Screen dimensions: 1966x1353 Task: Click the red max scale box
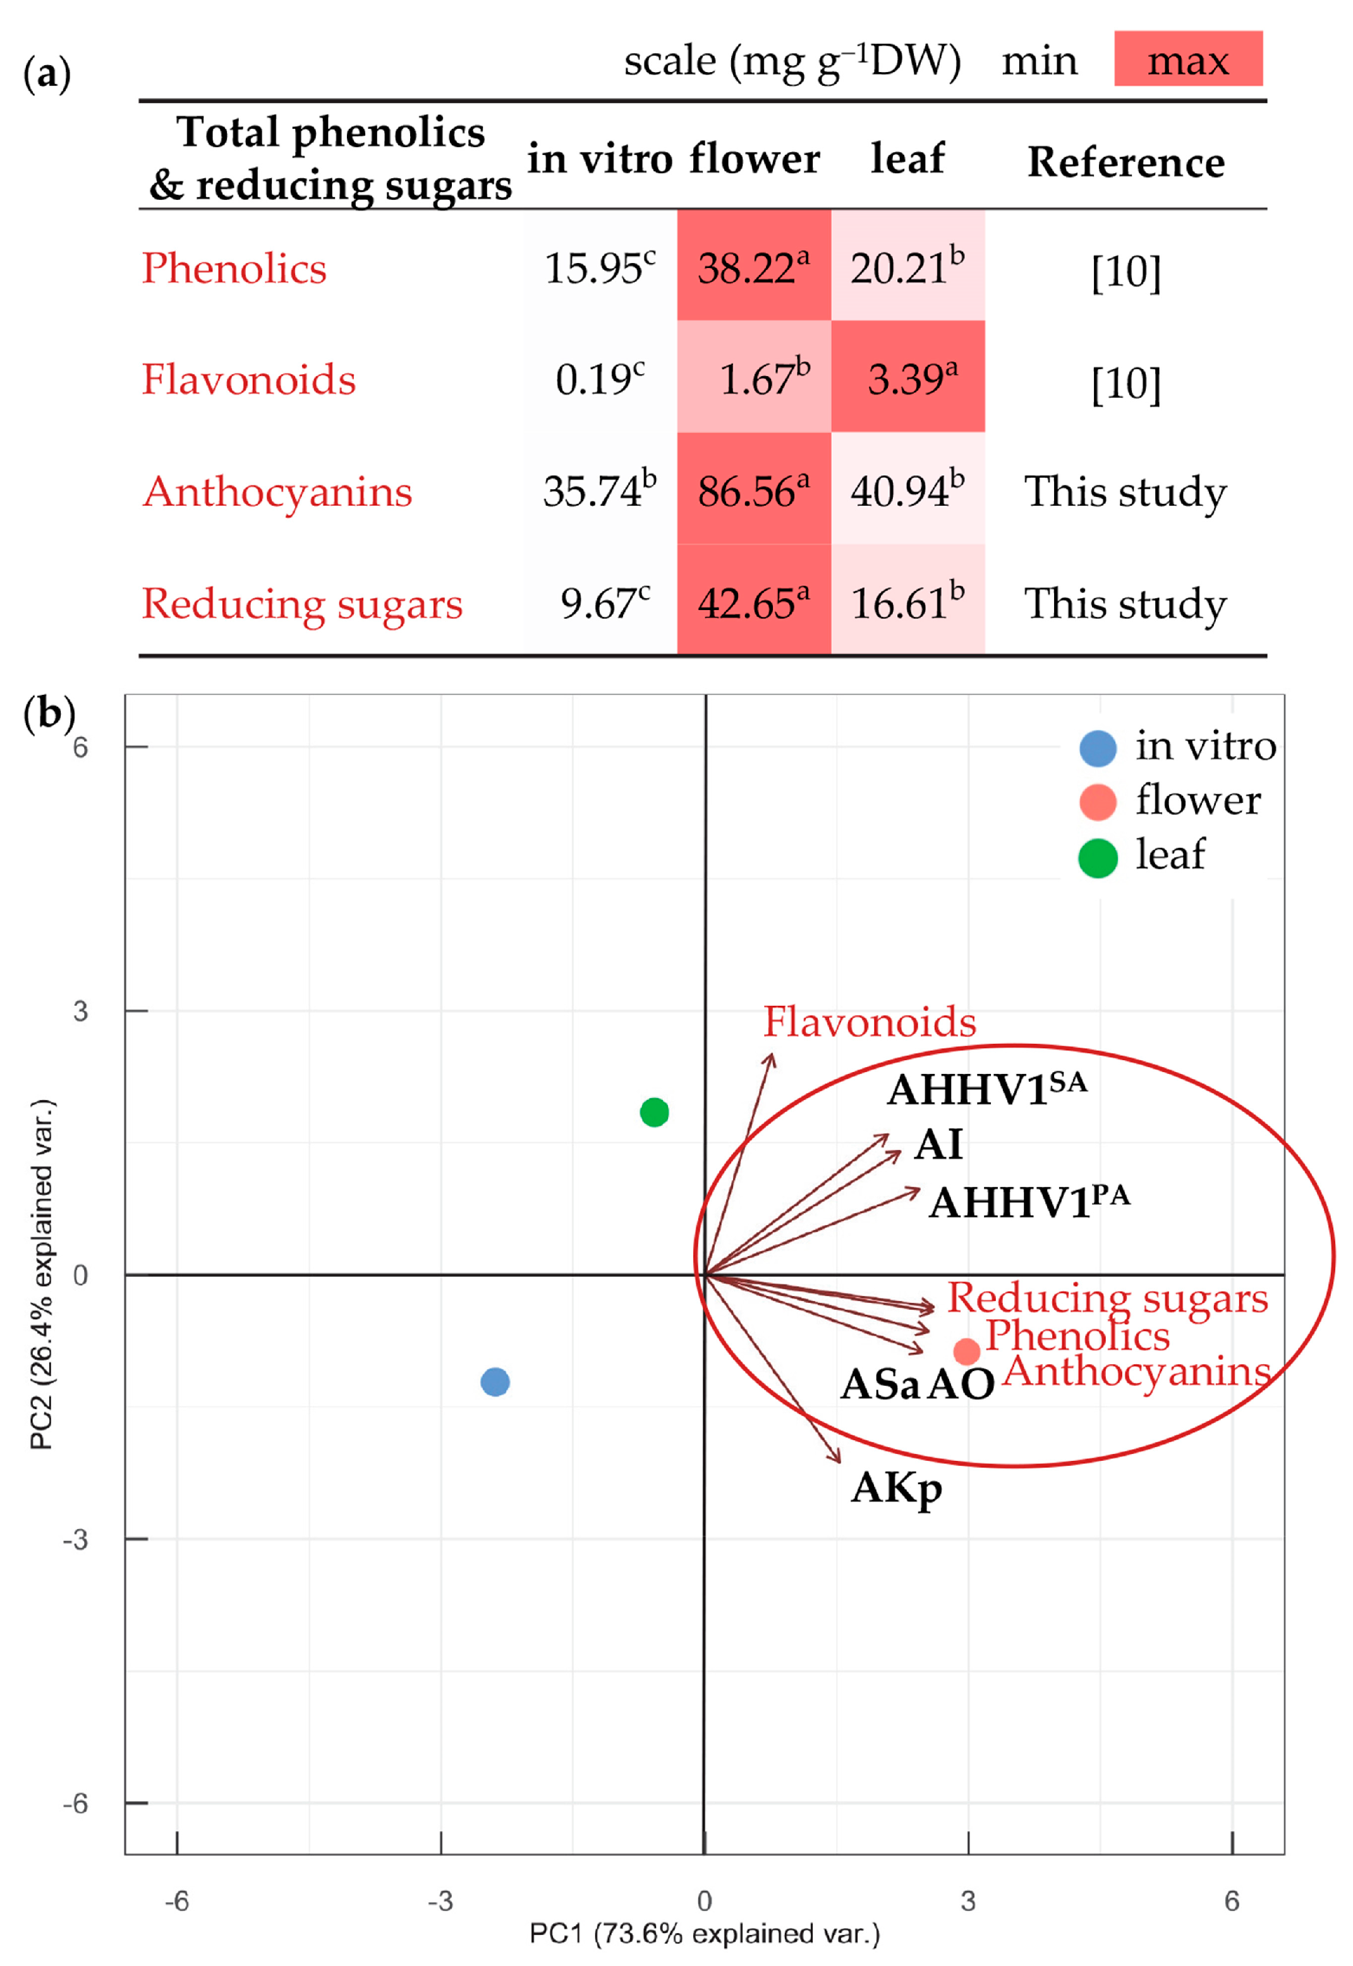1187,59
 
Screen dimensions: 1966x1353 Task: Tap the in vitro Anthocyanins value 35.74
599,490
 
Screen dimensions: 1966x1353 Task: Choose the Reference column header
1125,161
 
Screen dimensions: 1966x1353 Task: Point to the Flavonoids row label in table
248,378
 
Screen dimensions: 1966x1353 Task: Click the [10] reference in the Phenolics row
1125,271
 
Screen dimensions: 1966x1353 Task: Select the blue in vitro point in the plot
495,1382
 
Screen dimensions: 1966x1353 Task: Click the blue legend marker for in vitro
1098,748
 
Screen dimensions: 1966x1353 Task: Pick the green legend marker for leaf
1098,858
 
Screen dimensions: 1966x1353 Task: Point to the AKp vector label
896,1489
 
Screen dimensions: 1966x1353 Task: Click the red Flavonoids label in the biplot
870,1022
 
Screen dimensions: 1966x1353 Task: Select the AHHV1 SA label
986,1088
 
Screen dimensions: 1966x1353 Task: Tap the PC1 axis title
705,1933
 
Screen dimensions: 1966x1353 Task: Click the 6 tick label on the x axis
1232,1901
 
